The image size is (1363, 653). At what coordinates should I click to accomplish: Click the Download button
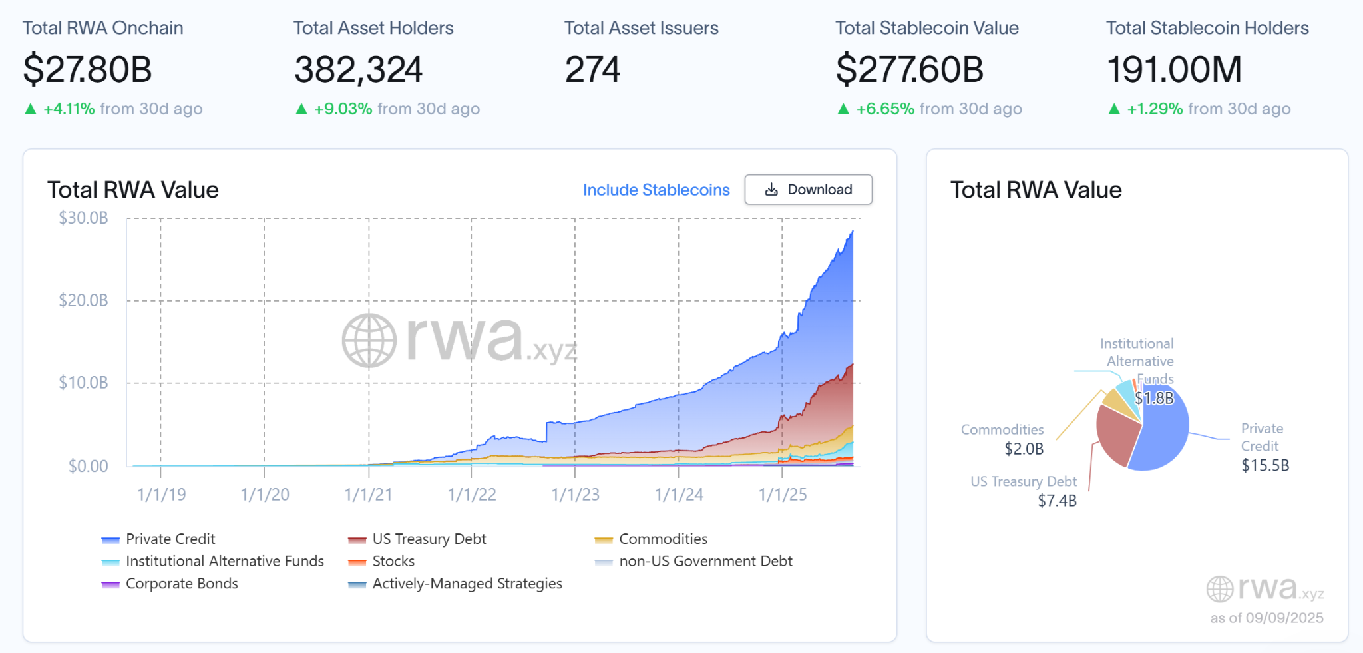click(808, 190)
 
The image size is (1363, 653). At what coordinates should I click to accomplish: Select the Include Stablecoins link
click(656, 190)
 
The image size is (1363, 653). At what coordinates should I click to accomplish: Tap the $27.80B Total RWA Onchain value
click(87, 69)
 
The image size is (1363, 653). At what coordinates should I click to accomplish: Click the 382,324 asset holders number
click(358, 69)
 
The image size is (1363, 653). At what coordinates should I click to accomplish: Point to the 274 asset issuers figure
click(592, 69)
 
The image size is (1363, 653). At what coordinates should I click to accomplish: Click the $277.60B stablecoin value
click(909, 69)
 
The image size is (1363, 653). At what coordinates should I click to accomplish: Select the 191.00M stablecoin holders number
click(1174, 69)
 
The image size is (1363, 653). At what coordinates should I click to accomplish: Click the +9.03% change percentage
click(343, 109)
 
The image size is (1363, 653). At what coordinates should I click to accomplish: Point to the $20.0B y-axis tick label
click(83, 300)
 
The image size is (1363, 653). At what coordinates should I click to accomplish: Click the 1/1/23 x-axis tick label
click(575, 495)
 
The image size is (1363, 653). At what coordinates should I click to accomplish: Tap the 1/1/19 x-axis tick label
click(161, 495)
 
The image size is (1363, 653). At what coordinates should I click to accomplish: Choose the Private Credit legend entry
click(170, 539)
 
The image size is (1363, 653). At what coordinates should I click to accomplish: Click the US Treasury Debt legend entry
click(429, 539)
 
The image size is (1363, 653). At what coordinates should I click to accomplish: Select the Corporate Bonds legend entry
click(181, 584)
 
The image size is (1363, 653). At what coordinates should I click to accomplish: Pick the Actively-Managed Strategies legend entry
click(467, 584)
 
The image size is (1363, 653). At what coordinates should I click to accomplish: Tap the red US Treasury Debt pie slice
click(1115, 433)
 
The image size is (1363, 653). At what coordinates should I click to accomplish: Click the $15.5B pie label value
click(1265, 465)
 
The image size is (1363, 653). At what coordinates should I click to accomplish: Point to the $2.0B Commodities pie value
click(1024, 449)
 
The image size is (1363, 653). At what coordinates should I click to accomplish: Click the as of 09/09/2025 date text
click(1266, 618)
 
